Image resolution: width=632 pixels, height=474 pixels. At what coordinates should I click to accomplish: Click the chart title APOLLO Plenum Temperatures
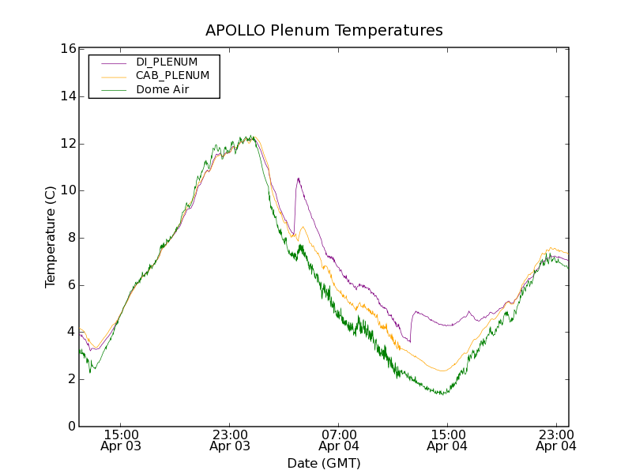(x=324, y=31)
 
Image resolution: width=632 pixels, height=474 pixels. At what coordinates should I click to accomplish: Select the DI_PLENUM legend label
(x=167, y=62)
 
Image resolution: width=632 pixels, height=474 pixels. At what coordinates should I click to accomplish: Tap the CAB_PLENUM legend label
(x=172, y=76)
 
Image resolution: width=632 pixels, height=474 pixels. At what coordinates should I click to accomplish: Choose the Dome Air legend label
(x=163, y=90)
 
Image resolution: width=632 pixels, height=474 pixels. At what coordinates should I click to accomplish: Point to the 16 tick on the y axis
(x=67, y=49)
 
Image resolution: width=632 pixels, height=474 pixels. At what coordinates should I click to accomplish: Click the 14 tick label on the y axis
(x=67, y=96)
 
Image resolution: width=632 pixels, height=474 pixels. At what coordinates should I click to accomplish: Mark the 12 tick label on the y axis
(x=67, y=144)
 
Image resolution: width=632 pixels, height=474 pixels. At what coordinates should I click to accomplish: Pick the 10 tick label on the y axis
(x=67, y=190)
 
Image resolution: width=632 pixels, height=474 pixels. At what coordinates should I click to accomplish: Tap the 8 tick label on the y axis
(x=70, y=238)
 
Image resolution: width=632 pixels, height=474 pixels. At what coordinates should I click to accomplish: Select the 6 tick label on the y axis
(x=70, y=285)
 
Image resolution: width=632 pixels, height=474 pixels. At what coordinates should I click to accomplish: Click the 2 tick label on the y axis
(x=70, y=379)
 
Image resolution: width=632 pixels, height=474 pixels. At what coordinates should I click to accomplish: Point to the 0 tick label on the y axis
(x=70, y=427)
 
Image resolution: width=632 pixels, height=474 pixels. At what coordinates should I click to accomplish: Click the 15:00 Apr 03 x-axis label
(x=121, y=440)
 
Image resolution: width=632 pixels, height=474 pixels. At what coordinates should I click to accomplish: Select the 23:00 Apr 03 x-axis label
(x=230, y=440)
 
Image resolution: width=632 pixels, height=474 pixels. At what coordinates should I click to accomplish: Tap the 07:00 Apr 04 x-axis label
(x=339, y=440)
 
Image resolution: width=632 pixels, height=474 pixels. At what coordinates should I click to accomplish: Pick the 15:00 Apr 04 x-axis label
(x=447, y=440)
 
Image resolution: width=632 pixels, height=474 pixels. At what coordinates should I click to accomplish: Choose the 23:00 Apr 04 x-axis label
(x=556, y=440)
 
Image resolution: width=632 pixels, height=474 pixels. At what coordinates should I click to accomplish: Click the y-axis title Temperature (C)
(x=51, y=237)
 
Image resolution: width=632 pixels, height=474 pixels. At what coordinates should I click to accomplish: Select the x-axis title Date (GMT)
(x=324, y=463)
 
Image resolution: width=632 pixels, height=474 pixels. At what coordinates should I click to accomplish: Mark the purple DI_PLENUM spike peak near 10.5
(x=298, y=179)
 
